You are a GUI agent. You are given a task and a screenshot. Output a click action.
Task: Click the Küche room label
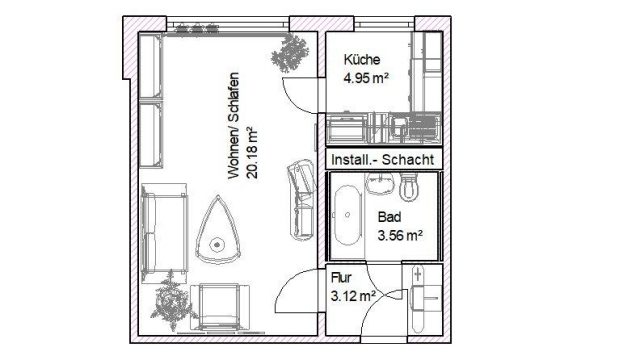362,60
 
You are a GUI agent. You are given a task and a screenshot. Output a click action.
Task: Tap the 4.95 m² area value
366,78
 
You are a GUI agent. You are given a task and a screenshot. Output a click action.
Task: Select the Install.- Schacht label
382,160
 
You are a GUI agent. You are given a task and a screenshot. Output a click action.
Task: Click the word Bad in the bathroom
389,217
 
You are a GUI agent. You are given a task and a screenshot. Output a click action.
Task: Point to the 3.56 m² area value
400,235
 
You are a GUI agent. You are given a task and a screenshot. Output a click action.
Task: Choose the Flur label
341,278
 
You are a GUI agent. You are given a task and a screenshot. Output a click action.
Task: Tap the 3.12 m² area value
353,296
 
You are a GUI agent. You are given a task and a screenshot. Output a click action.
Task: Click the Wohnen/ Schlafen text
233,126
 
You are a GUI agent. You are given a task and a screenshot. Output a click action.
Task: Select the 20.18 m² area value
252,153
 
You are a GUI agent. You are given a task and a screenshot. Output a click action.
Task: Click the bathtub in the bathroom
347,215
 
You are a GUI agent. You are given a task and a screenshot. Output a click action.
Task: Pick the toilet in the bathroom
409,187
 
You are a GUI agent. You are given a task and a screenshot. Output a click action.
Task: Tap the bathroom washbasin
380,183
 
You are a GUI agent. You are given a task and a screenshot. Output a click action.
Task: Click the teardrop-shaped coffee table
218,231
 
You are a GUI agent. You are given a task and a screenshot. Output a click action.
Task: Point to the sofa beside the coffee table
164,233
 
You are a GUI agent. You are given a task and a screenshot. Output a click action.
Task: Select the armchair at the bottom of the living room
220,307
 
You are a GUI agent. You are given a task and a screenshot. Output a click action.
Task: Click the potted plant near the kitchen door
290,54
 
